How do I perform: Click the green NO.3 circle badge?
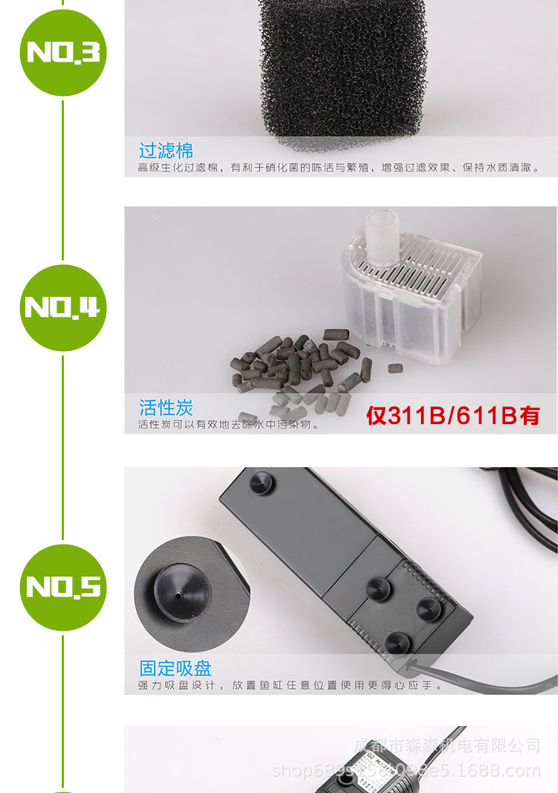point(62,52)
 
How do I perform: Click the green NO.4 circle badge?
point(62,307)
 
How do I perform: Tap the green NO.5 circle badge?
point(62,587)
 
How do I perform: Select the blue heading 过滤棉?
point(165,151)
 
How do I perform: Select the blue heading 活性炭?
point(165,408)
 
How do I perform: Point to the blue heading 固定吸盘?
point(175,667)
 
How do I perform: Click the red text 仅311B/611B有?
point(452,415)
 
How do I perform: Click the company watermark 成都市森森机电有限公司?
point(446,745)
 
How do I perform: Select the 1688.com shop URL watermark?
point(406,771)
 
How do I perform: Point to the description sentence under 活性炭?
point(228,425)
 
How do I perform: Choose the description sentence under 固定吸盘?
point(290,685)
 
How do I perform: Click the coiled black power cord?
point(521,506)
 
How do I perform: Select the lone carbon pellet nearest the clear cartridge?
point(396,367)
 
